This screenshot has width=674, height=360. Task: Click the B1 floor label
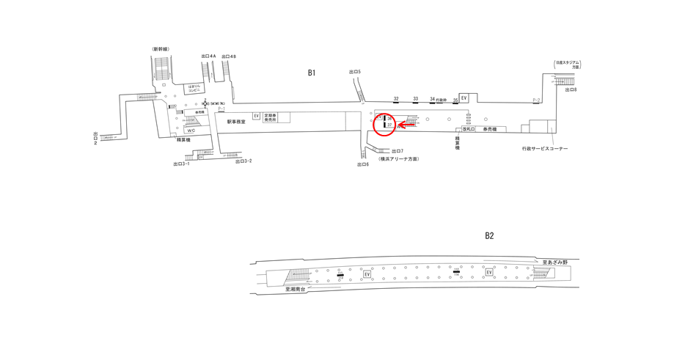[x=312, y=73]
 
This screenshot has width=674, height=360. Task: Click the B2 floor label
[x=489, y=235]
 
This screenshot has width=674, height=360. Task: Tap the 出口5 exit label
[x=355, y=72]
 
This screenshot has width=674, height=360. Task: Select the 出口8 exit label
[x=571, y=89]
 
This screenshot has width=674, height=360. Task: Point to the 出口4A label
[x=208, y=56]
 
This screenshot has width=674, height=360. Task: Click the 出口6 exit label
[x=363, y=164]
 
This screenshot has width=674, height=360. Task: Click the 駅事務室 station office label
[x=236, y=122]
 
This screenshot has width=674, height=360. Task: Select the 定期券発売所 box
[x=271, y=117]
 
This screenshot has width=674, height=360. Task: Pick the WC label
[x=191, y=131]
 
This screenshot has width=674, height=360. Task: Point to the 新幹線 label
[x=161, y=49]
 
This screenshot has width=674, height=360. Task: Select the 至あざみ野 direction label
[x=555, y=262]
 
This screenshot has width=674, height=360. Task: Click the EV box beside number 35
[x=464, y=98]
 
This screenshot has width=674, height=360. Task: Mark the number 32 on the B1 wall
[x=396, y=98]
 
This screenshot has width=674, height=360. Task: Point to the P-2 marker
[x=536, y=100]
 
